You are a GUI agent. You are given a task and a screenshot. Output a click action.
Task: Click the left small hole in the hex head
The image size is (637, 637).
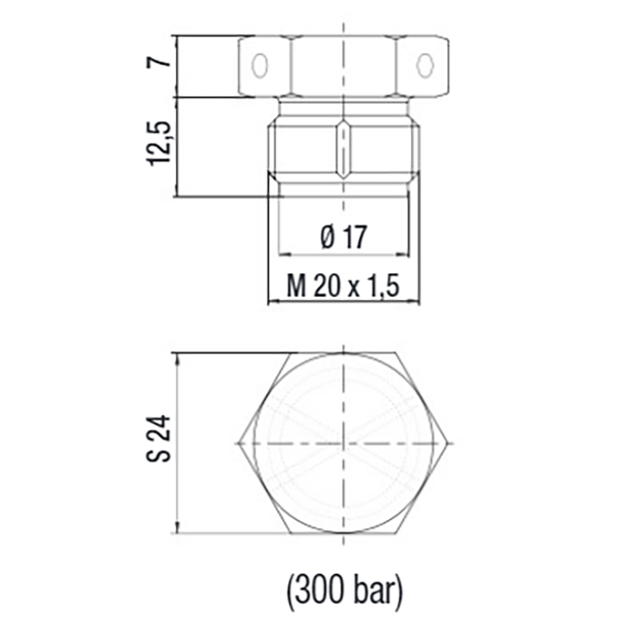(x=259, y=64)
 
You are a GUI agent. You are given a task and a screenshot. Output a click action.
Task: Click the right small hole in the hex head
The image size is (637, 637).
(x=428, y=64)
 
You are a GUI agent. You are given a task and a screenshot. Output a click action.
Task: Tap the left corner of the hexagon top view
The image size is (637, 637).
(x=240, y=441)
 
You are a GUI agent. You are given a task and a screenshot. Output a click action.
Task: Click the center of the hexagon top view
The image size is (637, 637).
(x=344, y=441)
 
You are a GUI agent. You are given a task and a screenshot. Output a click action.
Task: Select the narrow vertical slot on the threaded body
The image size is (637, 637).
(x=343, y=150)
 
